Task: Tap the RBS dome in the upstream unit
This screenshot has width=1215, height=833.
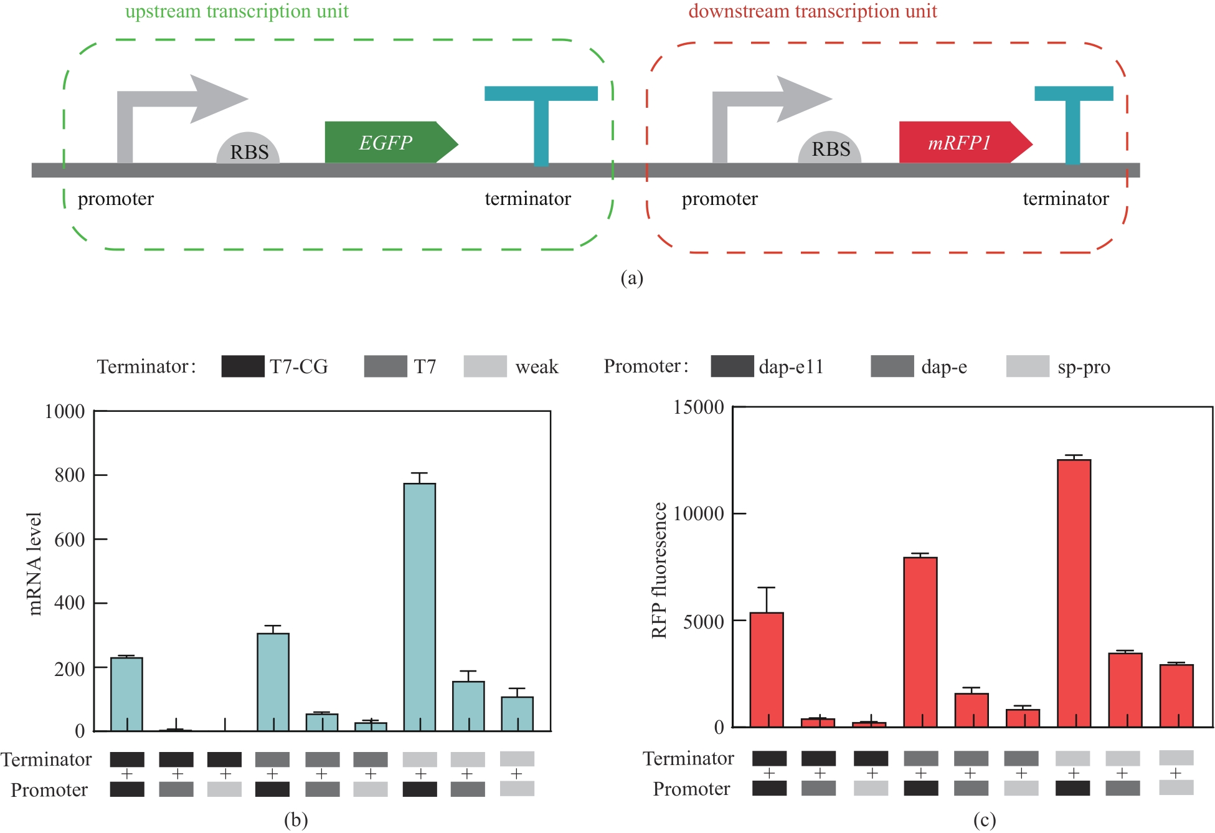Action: click(248, 150)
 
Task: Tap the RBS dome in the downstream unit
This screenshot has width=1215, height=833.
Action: click(830, 148)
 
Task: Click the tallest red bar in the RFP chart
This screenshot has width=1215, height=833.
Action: click(1074, 592)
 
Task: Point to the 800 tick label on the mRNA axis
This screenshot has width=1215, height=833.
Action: click(69, 475)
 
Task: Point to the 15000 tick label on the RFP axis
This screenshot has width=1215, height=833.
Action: click(698, 407)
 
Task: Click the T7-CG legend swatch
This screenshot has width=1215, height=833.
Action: click(242, 366)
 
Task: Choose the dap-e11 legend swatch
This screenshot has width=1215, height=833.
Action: click(732, 366)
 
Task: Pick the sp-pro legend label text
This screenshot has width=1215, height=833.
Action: click(1083, 367)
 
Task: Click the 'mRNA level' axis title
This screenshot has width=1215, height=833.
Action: click(35, 564)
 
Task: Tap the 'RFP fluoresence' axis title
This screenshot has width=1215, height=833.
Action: click(659, 570)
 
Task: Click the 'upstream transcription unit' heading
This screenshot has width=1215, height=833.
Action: click(237, 11)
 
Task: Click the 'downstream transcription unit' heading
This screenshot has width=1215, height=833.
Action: click(812, 11)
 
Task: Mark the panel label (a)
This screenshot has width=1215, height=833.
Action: click(631, 278)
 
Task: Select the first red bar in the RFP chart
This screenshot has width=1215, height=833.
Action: click(766, 669)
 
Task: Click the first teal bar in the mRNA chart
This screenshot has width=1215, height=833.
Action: click(126, 693)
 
